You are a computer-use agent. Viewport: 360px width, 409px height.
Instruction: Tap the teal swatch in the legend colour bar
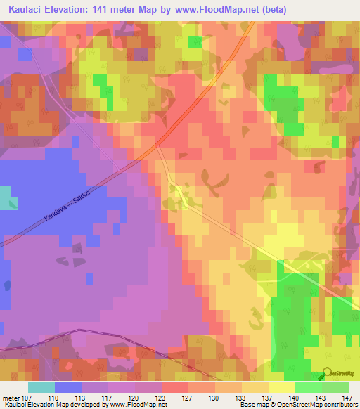[41, 387]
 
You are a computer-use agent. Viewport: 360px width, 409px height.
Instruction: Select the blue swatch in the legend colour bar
[68, 387]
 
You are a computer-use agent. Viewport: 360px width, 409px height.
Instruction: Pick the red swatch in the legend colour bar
[175, 387]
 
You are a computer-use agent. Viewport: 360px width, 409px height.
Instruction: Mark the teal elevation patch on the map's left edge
[4, 196]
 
